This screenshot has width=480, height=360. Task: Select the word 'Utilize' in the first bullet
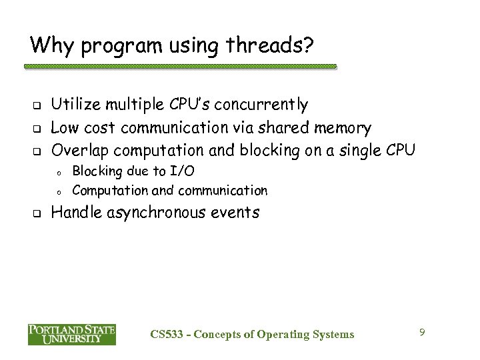76,105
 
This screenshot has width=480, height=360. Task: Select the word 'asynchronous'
166,213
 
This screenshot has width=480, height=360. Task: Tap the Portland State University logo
72,333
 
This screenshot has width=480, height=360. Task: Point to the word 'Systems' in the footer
331,333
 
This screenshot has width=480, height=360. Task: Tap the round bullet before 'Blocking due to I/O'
59,172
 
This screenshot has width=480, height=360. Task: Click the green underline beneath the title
180,67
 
